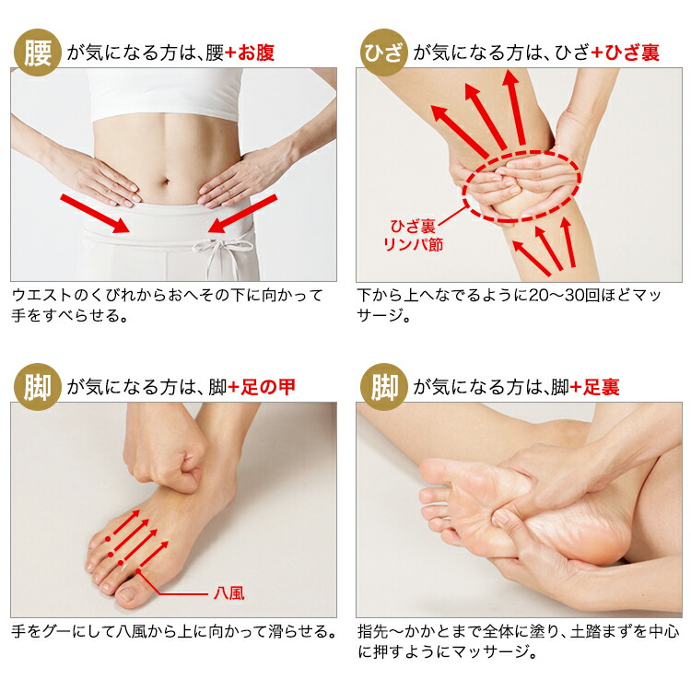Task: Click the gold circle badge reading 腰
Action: point(37,52)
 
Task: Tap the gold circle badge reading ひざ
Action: point(383,52)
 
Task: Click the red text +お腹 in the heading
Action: point(250,53)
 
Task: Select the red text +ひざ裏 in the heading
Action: point(625,53)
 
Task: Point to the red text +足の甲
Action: point(262,387)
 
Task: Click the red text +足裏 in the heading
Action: point(595,387)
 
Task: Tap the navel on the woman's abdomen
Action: point(165,182)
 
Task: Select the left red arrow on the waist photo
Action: point(95,214)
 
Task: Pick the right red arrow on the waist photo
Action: point(242,214)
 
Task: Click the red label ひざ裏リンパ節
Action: point(413,235)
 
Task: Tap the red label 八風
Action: point(228,593)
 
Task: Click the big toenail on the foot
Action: point(127,594)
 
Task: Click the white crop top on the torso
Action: point(165,94)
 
